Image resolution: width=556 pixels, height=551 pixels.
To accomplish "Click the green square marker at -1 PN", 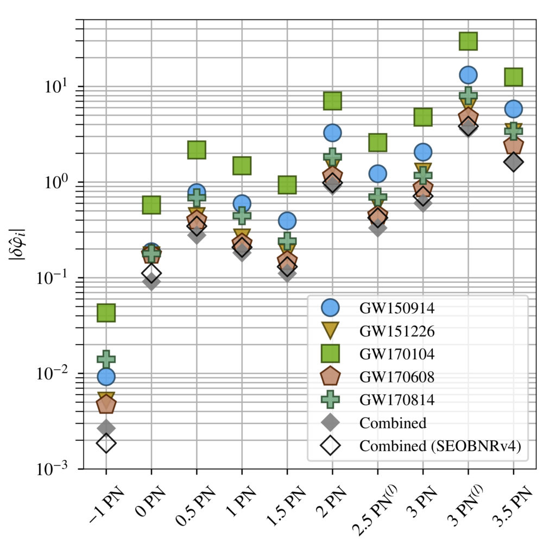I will coord(106,312).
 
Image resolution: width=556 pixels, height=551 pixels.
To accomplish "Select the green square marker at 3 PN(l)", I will coord(468,40).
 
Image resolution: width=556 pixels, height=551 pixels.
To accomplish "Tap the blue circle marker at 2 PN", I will coord(332,132).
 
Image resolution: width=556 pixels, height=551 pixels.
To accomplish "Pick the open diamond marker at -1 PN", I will coord(106,444).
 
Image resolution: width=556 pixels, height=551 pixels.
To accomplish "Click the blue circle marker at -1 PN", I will coord(106,376).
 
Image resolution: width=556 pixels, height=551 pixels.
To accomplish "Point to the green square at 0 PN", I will coord(151,205).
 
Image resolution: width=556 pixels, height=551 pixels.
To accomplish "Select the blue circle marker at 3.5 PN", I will coord(513,109).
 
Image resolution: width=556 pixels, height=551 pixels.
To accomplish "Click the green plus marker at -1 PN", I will coord(106,358).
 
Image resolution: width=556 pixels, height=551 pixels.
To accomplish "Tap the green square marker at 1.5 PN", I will coord(287,185).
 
